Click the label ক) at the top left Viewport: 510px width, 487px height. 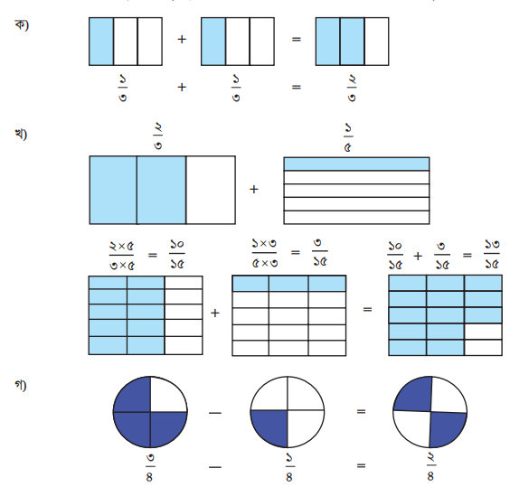[22, 24]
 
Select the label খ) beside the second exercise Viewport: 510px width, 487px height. [21, 134]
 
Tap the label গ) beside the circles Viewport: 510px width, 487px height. [21, 385]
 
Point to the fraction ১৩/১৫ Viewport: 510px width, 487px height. [491, 254]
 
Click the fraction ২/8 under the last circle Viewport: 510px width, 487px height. [430, 467]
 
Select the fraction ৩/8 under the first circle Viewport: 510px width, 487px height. [149, 468]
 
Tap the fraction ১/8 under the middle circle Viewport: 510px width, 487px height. [288, 468]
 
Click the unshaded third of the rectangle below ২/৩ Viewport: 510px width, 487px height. [211, 190]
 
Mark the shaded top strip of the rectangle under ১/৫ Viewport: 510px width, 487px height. [356, 164]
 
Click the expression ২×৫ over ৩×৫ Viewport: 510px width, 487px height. [122, 256]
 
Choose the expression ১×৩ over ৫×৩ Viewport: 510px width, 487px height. [264, 253]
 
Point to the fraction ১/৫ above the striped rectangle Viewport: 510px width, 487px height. [348, 137]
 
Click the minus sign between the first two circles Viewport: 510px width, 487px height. [215, 413]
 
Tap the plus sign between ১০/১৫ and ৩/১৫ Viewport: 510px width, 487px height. [418, 257]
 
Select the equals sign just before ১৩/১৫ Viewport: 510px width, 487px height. [467, 256]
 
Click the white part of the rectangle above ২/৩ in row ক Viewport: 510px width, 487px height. [377, 42]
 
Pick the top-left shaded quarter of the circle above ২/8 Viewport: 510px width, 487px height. [413, 394]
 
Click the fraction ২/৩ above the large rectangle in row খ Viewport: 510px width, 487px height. [157, 136]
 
